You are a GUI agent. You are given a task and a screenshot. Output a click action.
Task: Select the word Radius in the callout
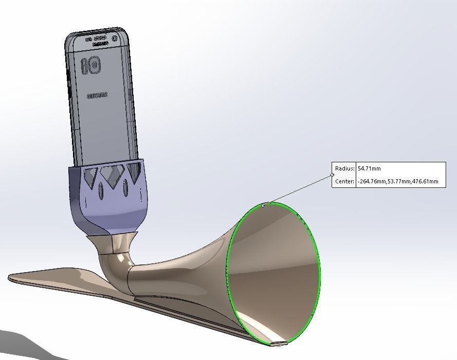[x=344, y=168]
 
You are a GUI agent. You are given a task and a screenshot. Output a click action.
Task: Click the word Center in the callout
[x=344, y=181]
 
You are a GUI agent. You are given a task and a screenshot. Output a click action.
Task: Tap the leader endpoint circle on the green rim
[x=263, y=205]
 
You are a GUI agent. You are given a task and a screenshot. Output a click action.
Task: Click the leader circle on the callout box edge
[x=333, y=175]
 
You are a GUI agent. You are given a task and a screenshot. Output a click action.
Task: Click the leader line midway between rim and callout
[x=298, y=190]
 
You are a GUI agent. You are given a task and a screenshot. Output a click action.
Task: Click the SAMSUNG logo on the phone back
[x=97, y=96]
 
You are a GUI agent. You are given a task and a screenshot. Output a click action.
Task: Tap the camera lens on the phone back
[x=95, y=65]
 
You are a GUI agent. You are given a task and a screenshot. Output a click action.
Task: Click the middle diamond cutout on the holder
[x=111, y=175]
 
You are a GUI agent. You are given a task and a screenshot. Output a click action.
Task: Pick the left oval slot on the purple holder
[x=101, y=192]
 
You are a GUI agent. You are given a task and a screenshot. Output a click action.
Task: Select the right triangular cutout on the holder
[x=134, y=171]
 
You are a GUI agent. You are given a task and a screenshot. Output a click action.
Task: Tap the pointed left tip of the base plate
[x=10, y=277]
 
